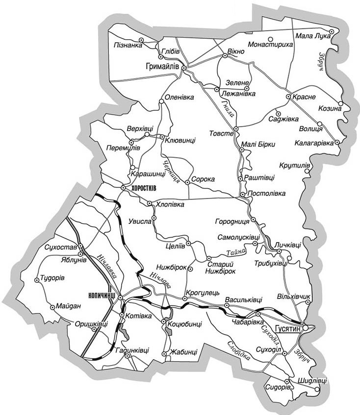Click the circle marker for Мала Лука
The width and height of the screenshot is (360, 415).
332,31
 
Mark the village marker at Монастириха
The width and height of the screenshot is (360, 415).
271,38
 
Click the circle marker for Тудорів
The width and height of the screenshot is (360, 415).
37,280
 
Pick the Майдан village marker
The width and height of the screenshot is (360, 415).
52,308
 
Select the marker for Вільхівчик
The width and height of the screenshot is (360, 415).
309,302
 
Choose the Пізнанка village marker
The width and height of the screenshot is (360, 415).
141,40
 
